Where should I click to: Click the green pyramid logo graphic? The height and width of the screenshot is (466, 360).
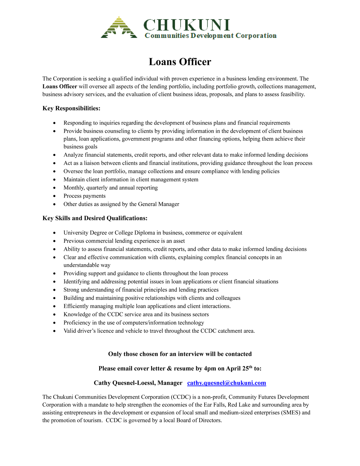coord(119,28)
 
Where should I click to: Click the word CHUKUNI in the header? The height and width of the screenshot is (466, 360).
coord(187,25)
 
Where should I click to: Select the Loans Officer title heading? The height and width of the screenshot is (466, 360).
coord(180,62)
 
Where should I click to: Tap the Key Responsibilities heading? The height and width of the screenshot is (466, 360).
coord(71,108)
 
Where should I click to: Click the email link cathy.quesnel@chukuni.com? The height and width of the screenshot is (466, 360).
coord(226,383)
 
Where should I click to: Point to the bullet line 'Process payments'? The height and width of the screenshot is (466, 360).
coord(85,196)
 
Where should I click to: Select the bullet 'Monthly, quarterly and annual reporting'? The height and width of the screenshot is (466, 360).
coord(110,188)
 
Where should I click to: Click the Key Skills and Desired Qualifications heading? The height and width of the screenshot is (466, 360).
coord(95,218)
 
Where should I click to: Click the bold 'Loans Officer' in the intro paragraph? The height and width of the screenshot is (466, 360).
coord(60,86)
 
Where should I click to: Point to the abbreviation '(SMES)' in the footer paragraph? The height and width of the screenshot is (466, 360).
coord(290,413)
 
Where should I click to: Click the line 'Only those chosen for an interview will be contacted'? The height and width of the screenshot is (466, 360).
coord(180,354)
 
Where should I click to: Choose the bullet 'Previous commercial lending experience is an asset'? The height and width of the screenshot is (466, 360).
coord(124,241)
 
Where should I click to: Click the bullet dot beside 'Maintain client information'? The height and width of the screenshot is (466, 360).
coord(54,180)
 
